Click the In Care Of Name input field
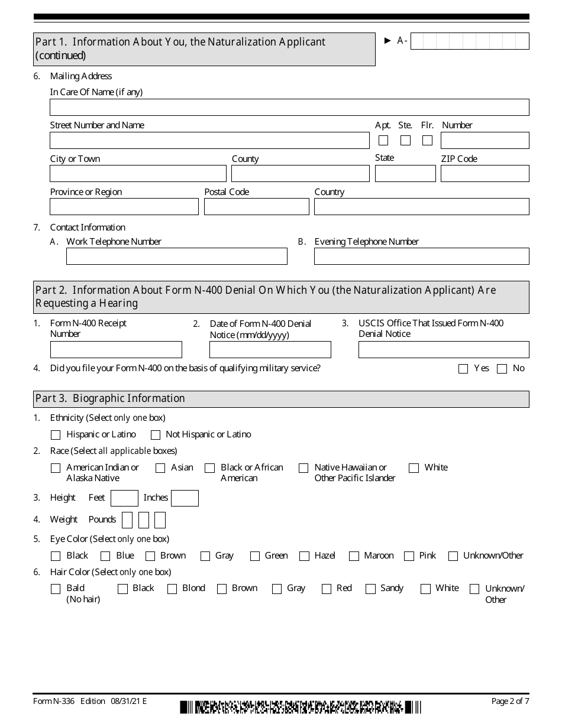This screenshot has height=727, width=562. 289,107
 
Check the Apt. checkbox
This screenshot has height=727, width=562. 383,141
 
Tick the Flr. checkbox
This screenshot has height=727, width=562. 427,141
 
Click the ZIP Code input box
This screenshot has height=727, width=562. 485,173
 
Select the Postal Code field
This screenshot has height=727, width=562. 256,206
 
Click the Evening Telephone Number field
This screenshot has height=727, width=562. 421,256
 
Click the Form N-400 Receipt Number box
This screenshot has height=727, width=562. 116,349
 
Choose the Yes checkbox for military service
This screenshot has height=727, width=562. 463,369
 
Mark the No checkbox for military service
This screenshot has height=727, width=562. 502,369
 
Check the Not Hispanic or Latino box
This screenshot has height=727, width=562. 156,435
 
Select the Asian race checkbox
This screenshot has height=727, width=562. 160,468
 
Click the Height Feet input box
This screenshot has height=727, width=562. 124,498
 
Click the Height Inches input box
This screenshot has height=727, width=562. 185,498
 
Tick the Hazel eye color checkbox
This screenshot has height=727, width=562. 304,556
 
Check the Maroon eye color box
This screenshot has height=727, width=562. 354,556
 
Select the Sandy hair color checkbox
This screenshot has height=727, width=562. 370,589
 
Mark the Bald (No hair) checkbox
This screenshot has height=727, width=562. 56,589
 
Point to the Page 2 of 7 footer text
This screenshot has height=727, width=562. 510,702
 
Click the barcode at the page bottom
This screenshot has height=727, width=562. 301,707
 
